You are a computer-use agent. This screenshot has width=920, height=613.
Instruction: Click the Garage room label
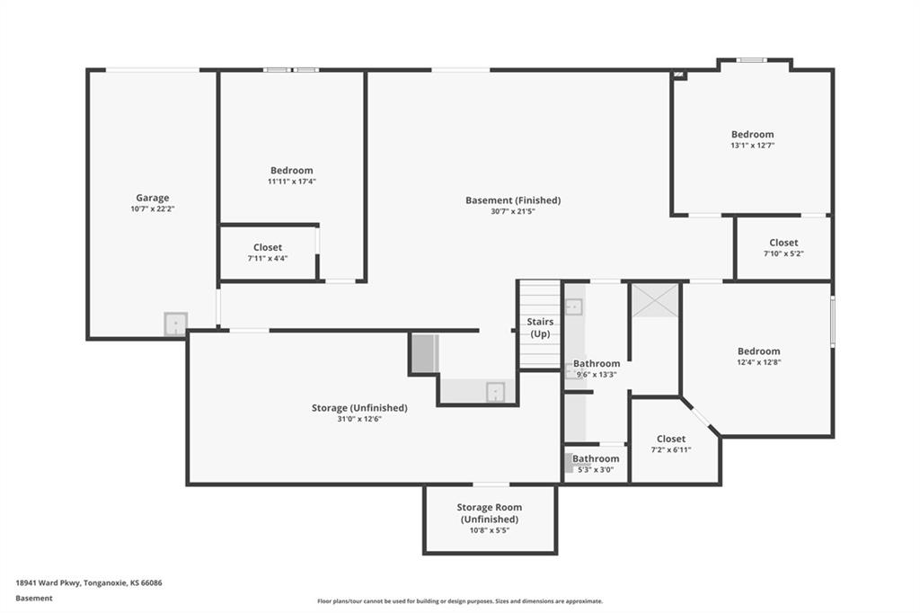[153, 198]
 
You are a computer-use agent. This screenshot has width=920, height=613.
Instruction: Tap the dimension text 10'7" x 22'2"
[153, 209]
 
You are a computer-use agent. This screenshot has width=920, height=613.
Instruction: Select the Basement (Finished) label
[513, 200]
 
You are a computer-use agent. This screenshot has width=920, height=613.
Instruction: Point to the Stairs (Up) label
[540, 328]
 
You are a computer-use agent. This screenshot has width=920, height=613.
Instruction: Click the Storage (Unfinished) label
[359, 408]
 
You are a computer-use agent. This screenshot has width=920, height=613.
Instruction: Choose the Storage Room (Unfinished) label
[490, 513]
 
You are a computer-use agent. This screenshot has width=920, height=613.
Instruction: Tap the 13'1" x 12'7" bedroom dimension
[752, 146]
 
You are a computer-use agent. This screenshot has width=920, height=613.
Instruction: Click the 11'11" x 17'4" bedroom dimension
[292, 182]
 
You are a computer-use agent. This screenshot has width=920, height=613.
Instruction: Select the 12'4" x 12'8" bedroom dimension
[758, 363]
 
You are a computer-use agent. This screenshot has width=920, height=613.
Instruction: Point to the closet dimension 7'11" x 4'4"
[268, 259]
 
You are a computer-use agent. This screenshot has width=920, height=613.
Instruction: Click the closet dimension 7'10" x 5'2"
[783, 254]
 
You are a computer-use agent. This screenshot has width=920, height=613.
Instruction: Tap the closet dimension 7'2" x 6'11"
[670, 450]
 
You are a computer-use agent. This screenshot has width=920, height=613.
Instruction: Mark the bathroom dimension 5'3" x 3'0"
[596, 470]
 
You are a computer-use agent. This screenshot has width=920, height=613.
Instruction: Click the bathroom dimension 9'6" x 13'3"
[597, 375]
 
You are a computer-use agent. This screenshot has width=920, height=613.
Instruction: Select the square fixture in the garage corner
[175, 324]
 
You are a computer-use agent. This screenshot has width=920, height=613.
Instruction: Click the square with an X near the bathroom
[655, 300]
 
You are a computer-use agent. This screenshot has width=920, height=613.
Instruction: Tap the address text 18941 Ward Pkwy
[49, 583]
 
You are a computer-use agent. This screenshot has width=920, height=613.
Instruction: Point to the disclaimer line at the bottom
[460, 601]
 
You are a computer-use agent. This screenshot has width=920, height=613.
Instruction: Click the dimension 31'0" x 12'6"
[359, 419]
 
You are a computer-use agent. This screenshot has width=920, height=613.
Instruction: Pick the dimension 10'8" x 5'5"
[490, 530]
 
